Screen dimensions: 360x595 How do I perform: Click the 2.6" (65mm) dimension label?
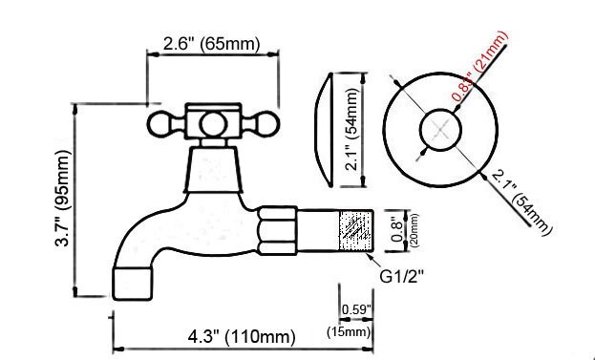[x=211, y=44]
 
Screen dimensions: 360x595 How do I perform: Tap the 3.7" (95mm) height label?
[x=61, y=202]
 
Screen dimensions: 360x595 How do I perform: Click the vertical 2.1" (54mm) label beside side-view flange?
[x=352, y=128]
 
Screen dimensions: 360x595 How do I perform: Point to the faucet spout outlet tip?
[x=133, y=282]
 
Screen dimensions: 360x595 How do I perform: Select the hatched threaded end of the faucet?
[x=352, y=229]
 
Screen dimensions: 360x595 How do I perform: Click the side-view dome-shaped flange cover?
[x=324, y=129]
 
